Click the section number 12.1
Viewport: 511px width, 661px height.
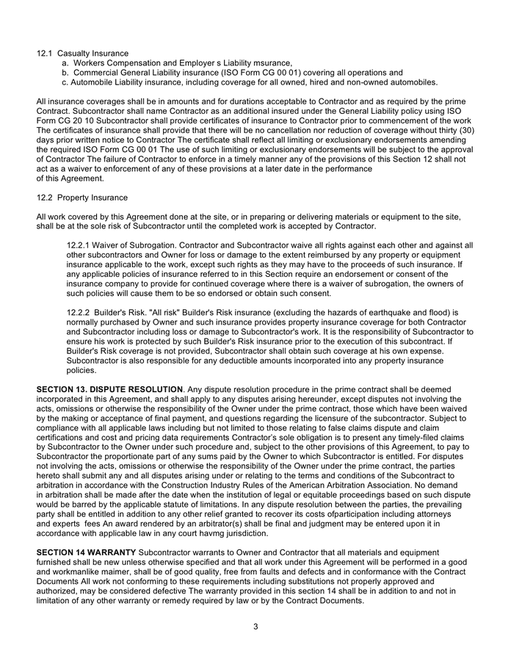(x=45, y=54)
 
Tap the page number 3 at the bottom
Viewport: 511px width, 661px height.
(x=255, y=626)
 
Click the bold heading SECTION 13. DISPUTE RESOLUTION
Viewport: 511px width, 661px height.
(x=109, y=389)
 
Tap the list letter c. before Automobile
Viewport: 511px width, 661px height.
(x=65, y=82)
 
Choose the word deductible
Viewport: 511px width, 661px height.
(x=226, y=361)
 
